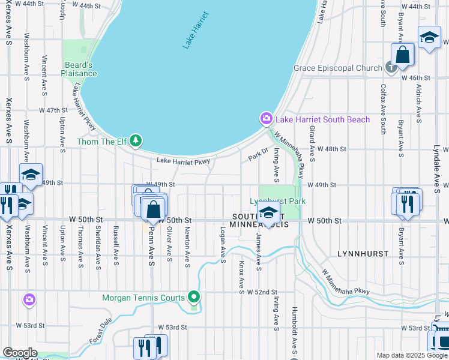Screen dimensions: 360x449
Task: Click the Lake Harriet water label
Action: [x=196, y=30]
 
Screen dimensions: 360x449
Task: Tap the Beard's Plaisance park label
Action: [x=79, y=69]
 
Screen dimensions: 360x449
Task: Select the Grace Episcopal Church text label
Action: [x=337, y=68]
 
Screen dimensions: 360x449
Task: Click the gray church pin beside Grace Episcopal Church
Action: [x=391, y=67]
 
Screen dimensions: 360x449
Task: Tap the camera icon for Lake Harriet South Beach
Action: [x=265, y=119]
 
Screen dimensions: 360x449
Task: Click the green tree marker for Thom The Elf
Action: [x=136, y=141]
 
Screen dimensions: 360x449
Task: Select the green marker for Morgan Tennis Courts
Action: [x=193, y=297]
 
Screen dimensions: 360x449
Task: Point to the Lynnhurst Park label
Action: [x=278, y=202]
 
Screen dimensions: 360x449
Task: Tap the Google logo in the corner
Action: [x=20, y=353]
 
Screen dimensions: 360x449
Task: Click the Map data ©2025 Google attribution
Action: [x=412, y=355]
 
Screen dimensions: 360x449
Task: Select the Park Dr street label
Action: [x=258, y=155]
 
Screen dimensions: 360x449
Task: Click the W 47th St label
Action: [x=53, y=110]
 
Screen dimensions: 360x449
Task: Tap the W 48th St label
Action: [x=332, y=148]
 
